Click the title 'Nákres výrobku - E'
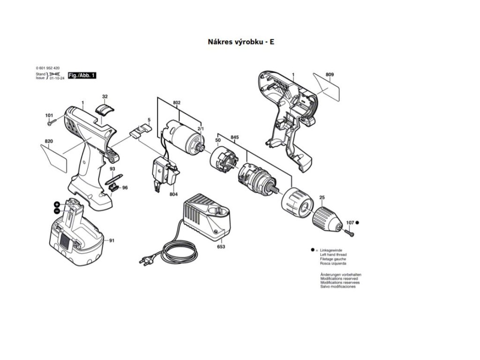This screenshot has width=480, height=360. [241, 42]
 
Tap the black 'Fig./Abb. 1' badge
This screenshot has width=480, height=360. [82, 75]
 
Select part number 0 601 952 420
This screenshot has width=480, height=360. [47, 68]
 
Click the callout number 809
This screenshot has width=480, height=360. [330, 75]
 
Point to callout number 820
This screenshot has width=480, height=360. [49, 142]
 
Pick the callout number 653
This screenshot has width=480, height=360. [220, 247]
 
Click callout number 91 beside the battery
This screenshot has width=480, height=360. [112, 240]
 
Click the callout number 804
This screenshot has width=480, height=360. [173, 195]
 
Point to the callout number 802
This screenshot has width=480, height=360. [176, 102]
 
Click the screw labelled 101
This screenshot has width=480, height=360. [52, 123]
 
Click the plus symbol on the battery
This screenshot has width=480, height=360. [57, 204]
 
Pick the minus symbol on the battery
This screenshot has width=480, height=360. [56, 211]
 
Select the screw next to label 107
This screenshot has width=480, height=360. [349, 231]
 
